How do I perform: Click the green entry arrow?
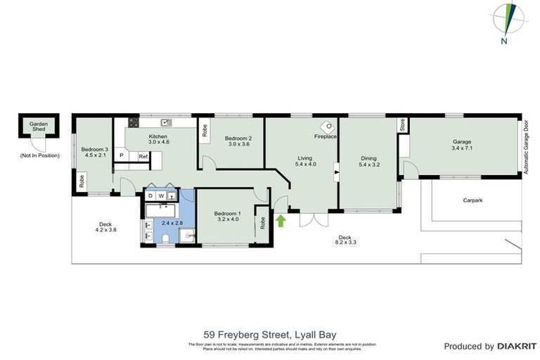(281, 221)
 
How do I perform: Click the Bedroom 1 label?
(226, 213)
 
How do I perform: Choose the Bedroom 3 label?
(94, 149)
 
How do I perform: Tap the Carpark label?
(472, 200)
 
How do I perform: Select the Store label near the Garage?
(402, 127)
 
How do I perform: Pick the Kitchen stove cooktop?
(131, 122)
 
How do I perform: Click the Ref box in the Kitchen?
(143, 156)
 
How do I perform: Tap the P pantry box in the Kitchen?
(122, 155)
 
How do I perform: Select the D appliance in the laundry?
(150, 195)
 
